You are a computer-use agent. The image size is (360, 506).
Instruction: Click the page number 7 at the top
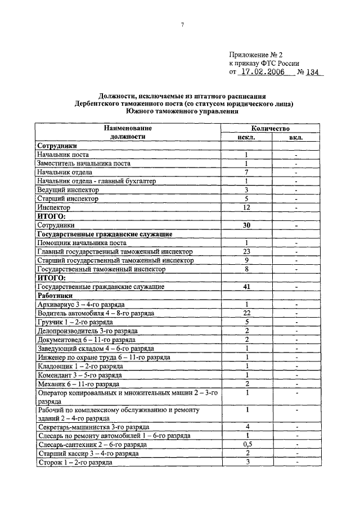click(183, 25)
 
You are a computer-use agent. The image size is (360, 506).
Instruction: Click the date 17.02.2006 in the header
click(259, 73)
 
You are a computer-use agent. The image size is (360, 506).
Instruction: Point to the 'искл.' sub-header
click(246, 137)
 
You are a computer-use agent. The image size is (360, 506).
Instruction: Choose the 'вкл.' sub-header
click(296, 137)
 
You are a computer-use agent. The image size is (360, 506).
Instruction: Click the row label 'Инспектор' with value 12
click(53, 207)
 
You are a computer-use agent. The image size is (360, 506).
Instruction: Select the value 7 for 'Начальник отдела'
click(246, 172)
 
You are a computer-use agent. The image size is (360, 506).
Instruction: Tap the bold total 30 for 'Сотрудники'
click(246, 225)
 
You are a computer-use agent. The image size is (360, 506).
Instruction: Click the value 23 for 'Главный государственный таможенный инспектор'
click(246, 251)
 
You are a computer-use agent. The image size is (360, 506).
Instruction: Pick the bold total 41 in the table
click(246, 287)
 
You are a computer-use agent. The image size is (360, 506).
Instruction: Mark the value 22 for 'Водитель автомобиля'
click(246, 313)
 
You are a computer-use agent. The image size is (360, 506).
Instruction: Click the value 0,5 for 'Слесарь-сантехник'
click(246, 444)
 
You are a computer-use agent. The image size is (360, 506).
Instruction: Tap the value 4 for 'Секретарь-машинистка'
click(246, 427)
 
